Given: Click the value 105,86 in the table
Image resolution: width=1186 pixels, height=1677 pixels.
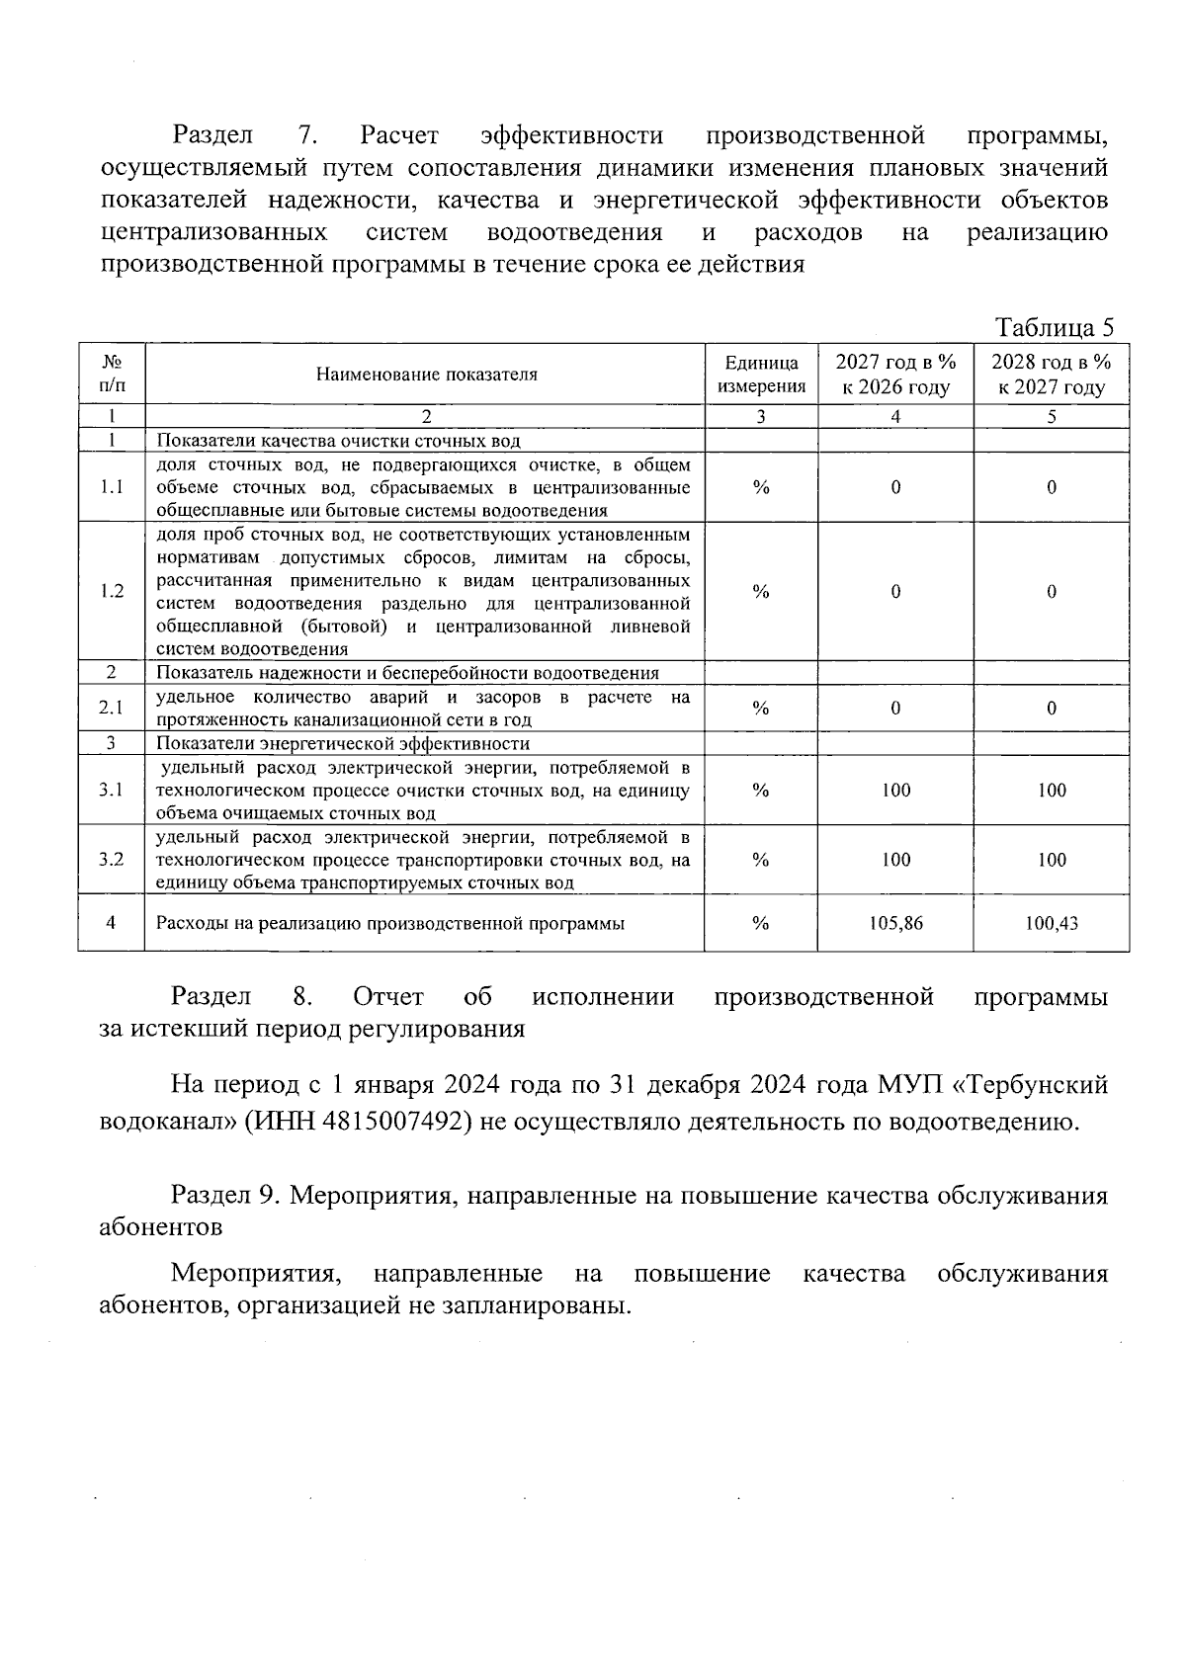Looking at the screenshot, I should tap(895, 923).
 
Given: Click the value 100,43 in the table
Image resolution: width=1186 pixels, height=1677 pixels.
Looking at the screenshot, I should tap(1052, 923).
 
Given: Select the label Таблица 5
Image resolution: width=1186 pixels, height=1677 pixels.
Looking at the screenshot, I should tap(1054, 327).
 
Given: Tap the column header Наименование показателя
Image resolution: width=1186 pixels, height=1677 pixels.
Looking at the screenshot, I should tap(426, 374).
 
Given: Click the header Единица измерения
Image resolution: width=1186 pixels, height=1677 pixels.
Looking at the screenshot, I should tap(761, 374).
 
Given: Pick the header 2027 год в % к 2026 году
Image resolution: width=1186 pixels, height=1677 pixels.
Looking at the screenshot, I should tap(895, 374).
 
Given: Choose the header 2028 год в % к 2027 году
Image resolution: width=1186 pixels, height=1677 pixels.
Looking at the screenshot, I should tap(1052, 374).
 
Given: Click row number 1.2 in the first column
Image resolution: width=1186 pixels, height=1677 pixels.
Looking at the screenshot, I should tap(112, 591).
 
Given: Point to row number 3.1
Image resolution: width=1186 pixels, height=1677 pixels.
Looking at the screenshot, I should tap(112, 790).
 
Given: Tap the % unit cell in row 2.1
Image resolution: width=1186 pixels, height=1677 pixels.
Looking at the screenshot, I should tap(761, 708).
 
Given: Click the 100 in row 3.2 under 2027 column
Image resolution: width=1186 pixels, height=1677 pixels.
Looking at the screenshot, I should tap(895, 860).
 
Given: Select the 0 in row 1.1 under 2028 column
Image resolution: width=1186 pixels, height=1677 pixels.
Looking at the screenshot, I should tap(1052, 487).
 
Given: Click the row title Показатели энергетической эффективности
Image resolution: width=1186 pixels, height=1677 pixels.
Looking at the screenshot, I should tap(343, 743).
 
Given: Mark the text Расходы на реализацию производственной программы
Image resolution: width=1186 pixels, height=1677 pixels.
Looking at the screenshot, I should tap(390, 923).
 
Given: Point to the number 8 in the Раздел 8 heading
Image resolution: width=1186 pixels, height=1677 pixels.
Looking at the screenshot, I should tap(302, 996).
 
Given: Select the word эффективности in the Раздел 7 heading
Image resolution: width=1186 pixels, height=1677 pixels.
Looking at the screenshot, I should tap(570, 135).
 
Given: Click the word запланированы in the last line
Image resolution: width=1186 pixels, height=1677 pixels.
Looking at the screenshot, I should tap(543, 1305).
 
